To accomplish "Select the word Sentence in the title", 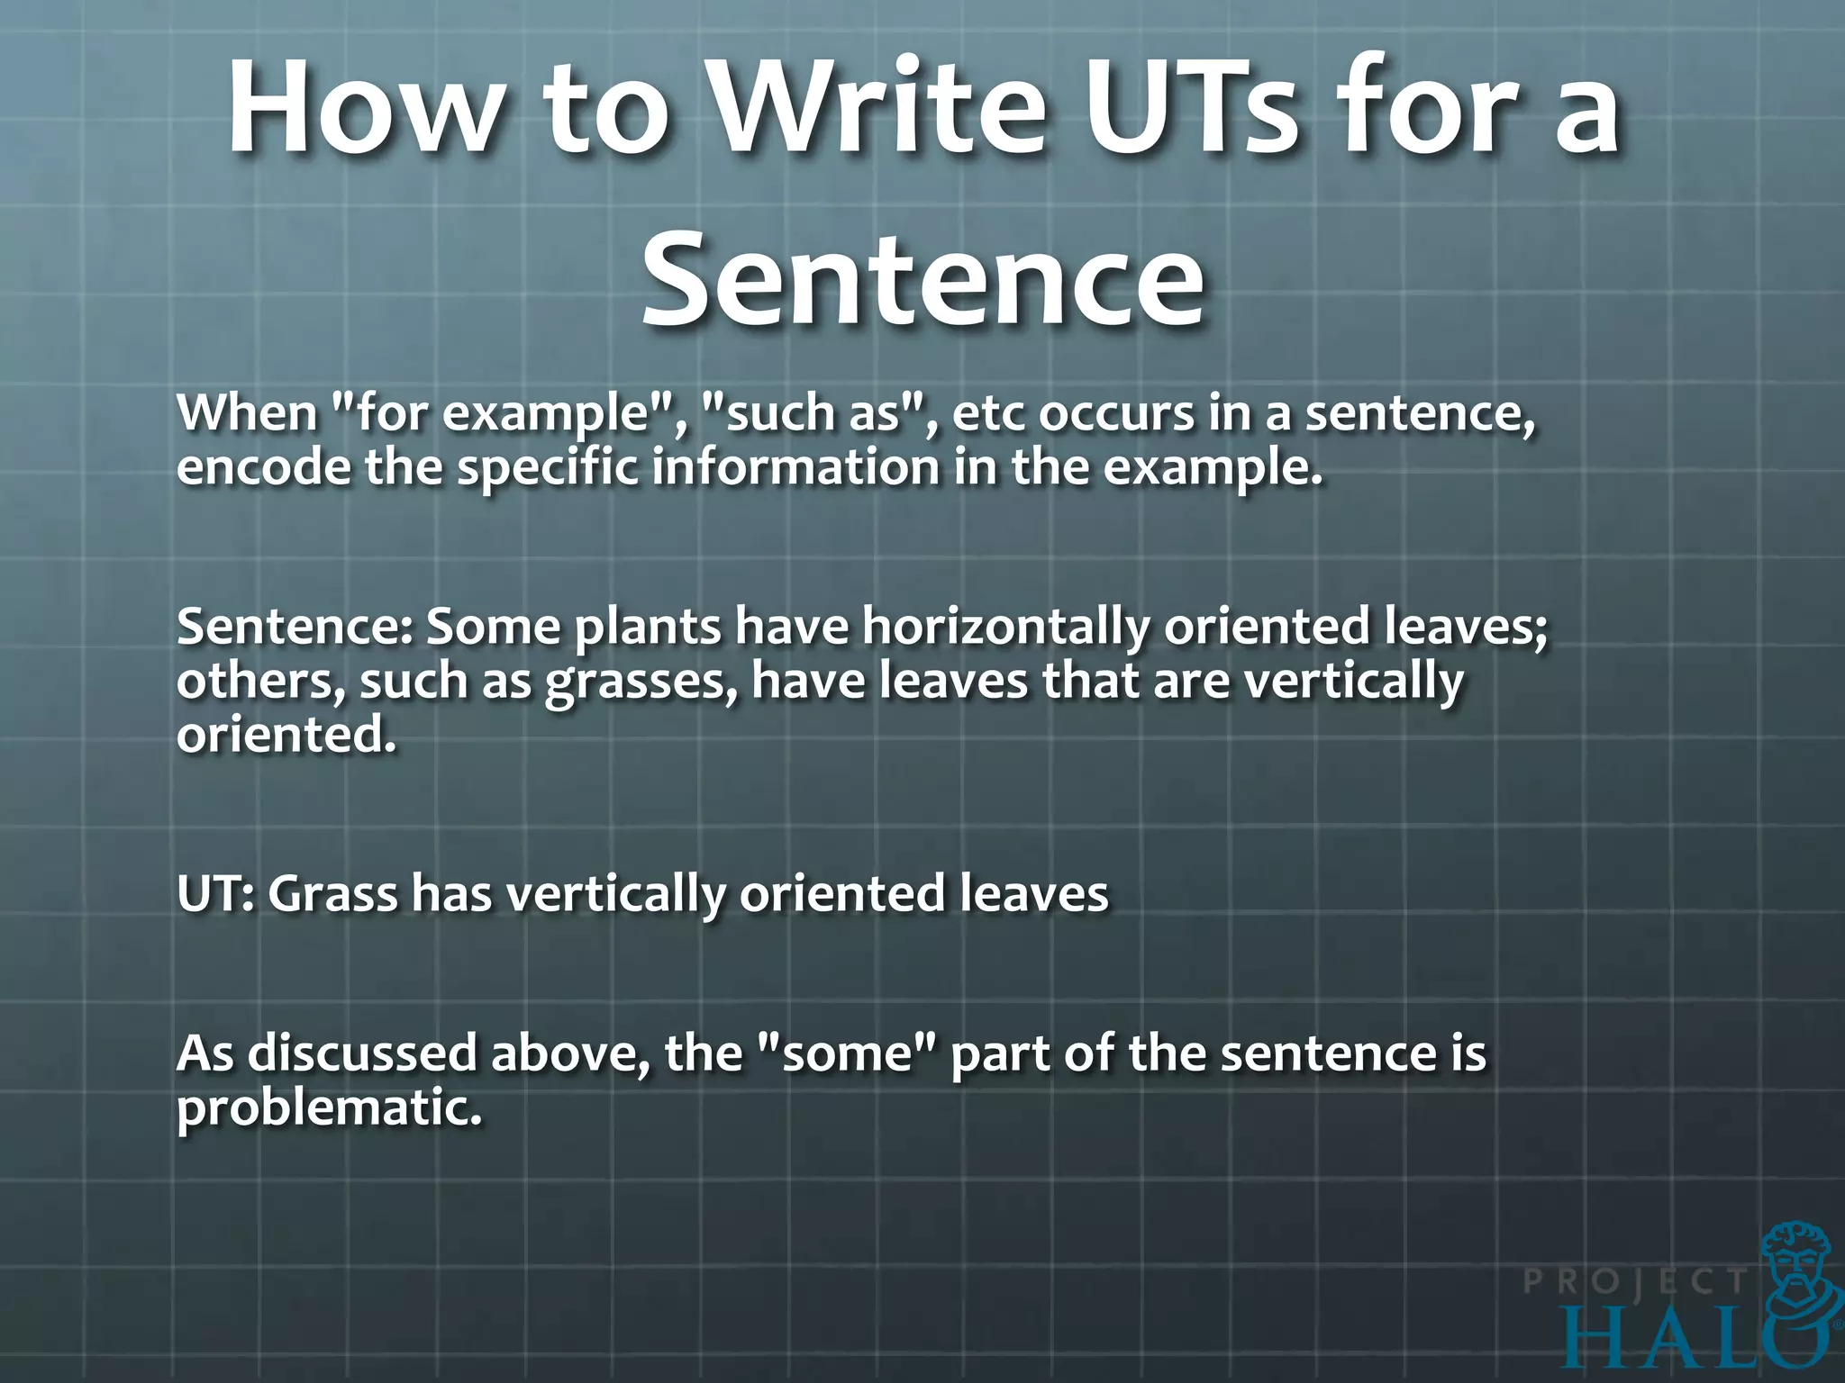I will tap(922, 277).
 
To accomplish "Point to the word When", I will tap(247, 413).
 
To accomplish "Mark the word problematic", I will tap(329, 1108).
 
